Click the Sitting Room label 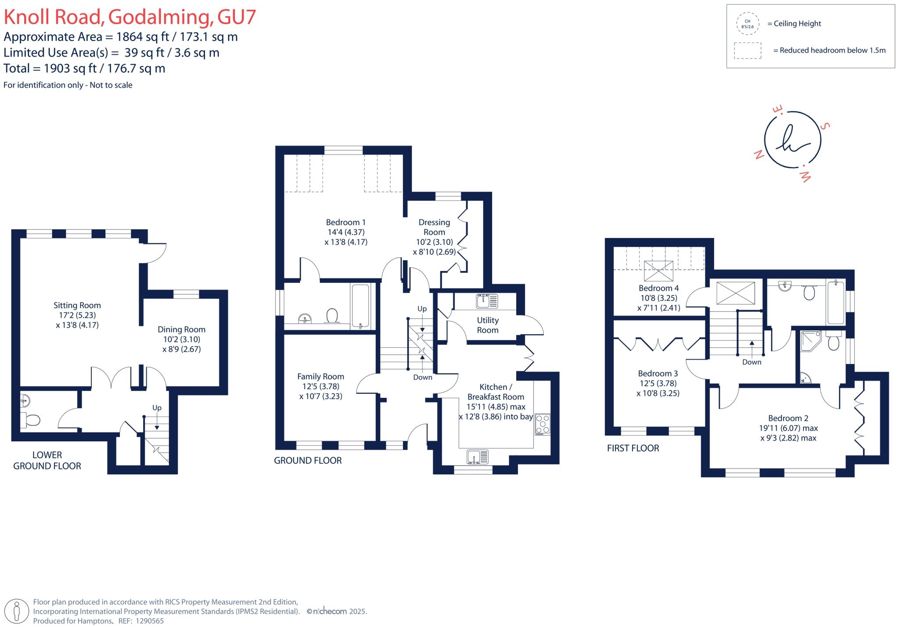[x=77, y=306]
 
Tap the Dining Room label [x=181, y=330]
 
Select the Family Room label [x=320, y=377]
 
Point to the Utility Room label [x=487, y=325]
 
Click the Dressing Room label [x=434, y=227]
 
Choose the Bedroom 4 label [x=658, y=288]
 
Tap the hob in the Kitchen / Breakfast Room [x=543, y=424]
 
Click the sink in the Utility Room [x=487, y=301]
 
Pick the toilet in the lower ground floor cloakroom [x=31, y=420]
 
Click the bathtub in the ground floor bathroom [x=360, y=306]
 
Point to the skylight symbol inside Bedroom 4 [x=658, y=270]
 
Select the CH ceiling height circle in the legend [x=747, y=24]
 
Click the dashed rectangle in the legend [x=747, y=50]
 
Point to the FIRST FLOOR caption [x=633, y=448]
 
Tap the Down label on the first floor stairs [x=752, y=362]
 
